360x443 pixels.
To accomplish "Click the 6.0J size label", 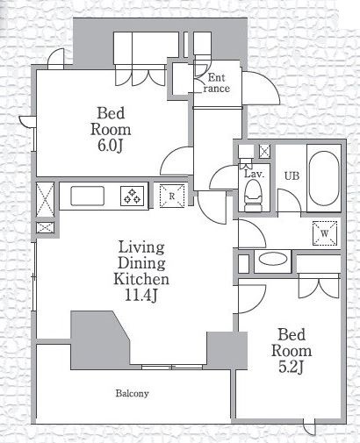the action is click(x=110, y=146).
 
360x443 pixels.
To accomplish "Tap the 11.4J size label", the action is click(x=141, y=296).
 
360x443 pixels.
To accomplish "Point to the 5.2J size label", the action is click(x=291, y=368).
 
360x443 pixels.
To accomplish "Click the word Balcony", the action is click(x=132, y=393).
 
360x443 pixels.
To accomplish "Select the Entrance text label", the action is click(x=216, y=83).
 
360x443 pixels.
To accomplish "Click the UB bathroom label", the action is click(x=292, y=175).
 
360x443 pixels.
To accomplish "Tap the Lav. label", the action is click(x=255, y=175).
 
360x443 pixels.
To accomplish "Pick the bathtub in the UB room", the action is click(x=324, y=178).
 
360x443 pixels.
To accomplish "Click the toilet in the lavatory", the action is click(x=254, y=195).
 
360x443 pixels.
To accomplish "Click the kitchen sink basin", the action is click(x=87, y=196).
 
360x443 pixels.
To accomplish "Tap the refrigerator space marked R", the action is click(x=172, y=196).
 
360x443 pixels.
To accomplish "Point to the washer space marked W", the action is click(x=325, y=233).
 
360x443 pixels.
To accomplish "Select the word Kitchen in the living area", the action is click(x=141, y=279).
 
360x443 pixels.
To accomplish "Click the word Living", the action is click(x=141, y=247).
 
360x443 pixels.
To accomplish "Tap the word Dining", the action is click(x=141, y=263).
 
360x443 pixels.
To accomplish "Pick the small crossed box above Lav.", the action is click(x=264, y=151).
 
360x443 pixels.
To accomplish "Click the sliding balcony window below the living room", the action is click(x=172, y=367).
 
